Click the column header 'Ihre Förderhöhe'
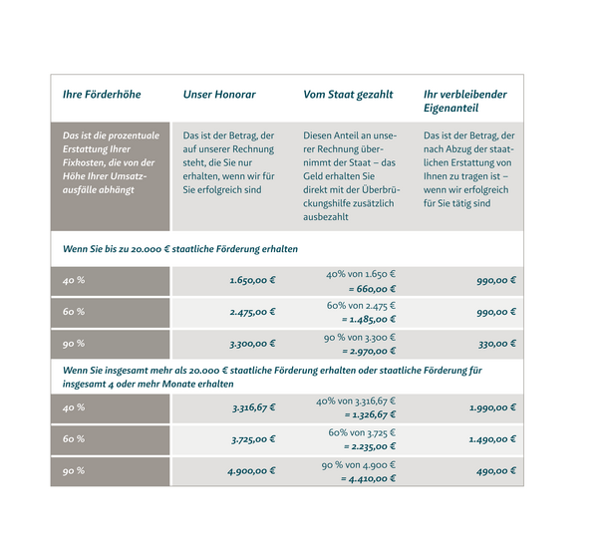(102, 96)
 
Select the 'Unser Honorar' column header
(219, 96)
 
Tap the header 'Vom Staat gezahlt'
(348, 96)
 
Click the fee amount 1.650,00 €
(252, 281)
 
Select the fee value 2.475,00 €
(252, 312)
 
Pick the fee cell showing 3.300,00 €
(252, 344)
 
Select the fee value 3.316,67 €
(252, 407)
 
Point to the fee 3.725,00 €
(252, 439)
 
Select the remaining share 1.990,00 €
(492, 407)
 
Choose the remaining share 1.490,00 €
(492, 439)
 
